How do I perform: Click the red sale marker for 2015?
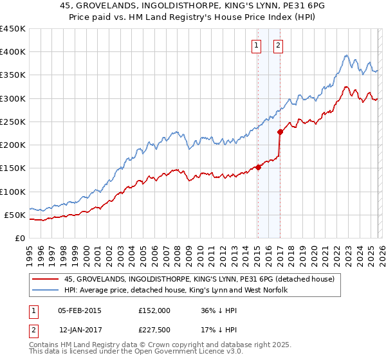click(258, 167)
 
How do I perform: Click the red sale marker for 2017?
click(280, 132)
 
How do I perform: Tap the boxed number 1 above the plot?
click(257, 45)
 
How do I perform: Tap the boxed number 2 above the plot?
click(278, 45)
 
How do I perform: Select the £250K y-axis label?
click(13, 122)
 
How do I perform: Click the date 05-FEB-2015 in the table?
click(80, 310)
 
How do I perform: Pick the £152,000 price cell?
click(154, 310)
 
